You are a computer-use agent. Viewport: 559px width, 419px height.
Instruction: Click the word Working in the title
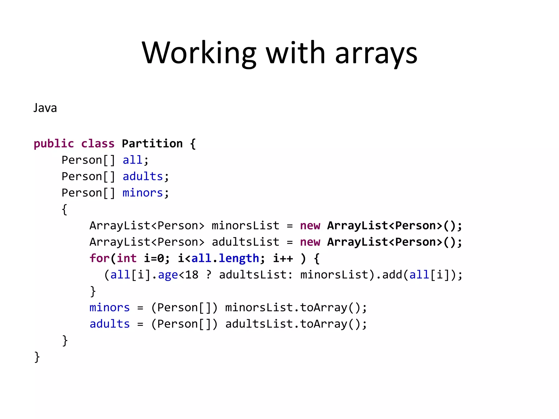coord(199,53)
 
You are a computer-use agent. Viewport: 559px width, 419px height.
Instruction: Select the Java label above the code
coord(45,108)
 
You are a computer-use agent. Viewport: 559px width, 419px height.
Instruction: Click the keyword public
coord(54,143)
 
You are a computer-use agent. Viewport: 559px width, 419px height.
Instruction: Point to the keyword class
coord(98,143)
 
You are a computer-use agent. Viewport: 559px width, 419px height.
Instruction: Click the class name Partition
coord(152,143)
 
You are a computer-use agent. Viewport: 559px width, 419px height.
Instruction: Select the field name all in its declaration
coord(132,160)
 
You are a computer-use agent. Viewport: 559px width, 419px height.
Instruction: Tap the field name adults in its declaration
coord(143,176)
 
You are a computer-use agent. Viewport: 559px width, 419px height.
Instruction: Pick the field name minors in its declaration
coord(143,193)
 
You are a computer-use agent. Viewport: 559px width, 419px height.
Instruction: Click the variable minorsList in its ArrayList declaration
coord(245,226)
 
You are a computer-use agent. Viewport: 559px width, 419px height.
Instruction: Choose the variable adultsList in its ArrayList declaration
coord(245,242)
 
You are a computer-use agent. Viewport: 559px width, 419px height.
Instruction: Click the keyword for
coord(99,258)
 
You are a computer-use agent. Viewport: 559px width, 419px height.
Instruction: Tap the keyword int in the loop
coord(127,258)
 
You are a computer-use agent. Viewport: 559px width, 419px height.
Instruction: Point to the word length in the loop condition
coord(239,258)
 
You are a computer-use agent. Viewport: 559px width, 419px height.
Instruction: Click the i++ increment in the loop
coord(283,258)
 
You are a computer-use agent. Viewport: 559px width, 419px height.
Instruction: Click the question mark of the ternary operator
coord(209,275)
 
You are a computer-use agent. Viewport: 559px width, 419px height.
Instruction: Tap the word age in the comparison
coord(168,275)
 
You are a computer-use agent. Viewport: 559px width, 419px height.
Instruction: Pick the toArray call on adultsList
coord(323,324)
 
